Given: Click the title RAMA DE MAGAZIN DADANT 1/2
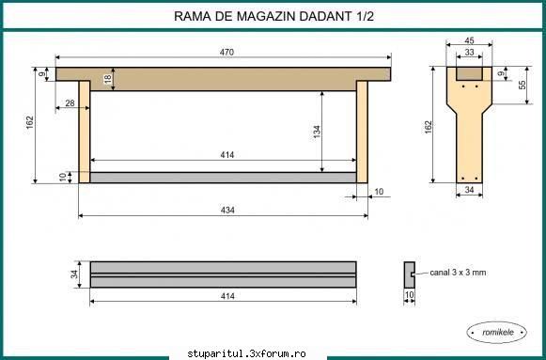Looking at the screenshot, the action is [273, 16].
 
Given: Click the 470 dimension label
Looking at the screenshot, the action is [226, 53].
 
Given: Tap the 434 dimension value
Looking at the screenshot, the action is [227, 210].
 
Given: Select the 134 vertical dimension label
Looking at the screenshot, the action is [317, 132].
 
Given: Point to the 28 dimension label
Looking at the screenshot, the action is [70, 103].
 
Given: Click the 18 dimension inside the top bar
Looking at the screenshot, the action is [108, 79].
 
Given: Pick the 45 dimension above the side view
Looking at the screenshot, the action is [469, 40].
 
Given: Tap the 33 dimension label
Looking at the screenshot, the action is [469, 53].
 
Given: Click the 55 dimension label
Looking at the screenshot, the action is [522, 85].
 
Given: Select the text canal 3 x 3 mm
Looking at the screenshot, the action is [458, 273].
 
